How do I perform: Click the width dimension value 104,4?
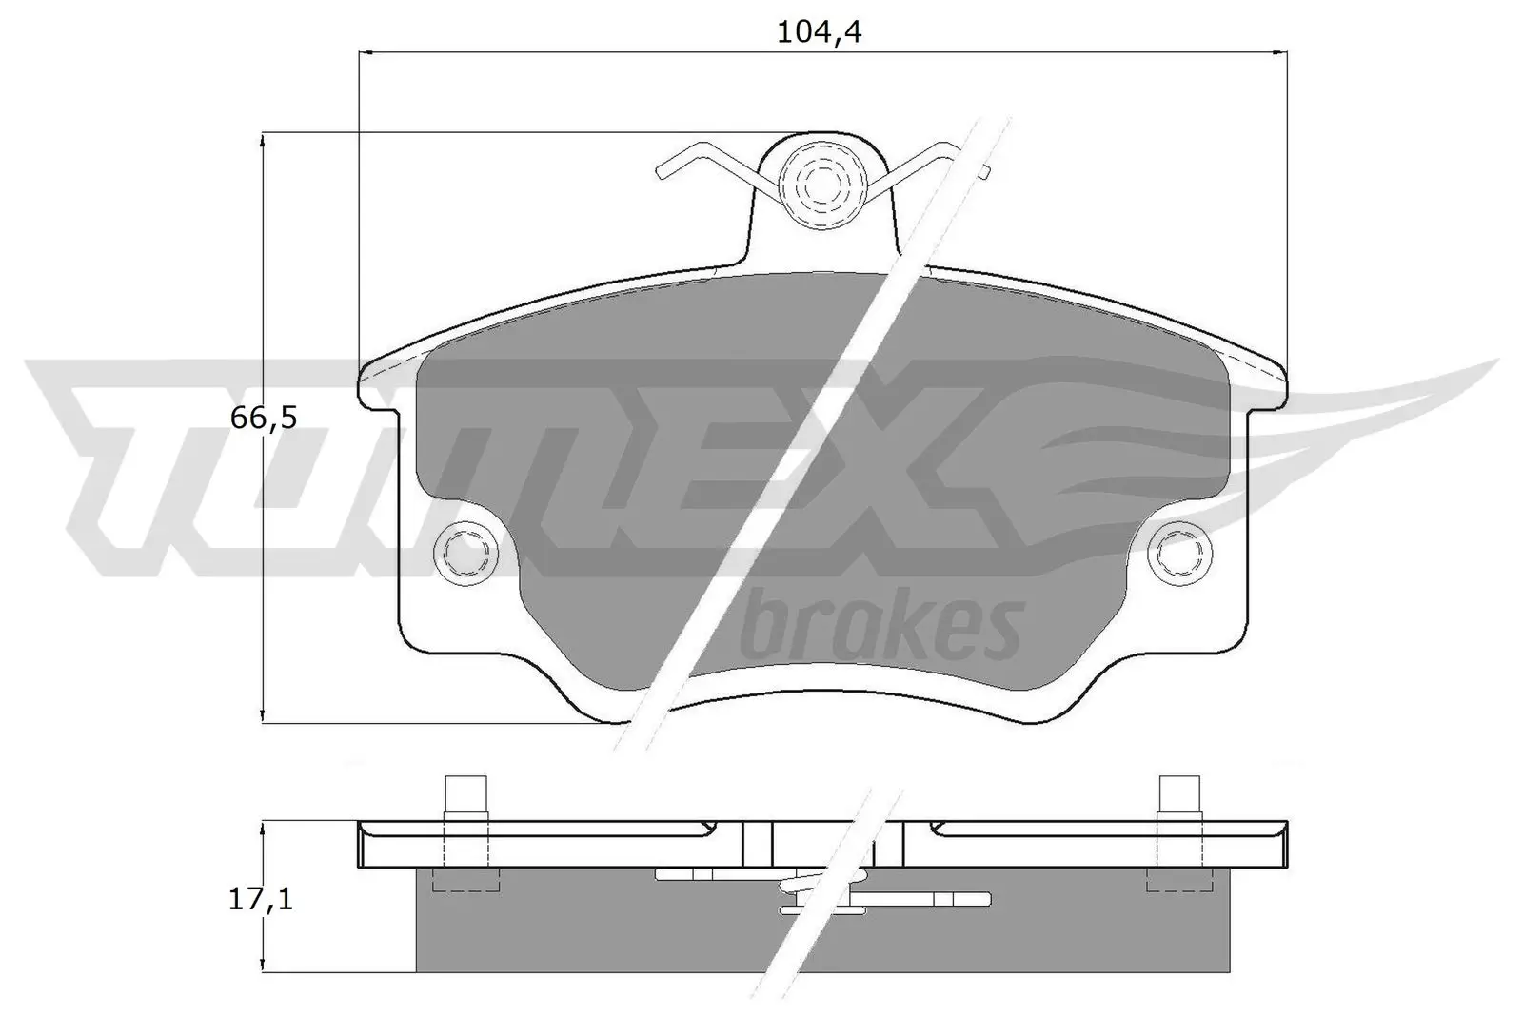(820, 32)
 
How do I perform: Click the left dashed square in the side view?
(466, 880)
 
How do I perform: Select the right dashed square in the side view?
(1179, 880)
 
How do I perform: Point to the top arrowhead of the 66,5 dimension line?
(262, 140)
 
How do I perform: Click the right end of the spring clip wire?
(985, 171)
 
